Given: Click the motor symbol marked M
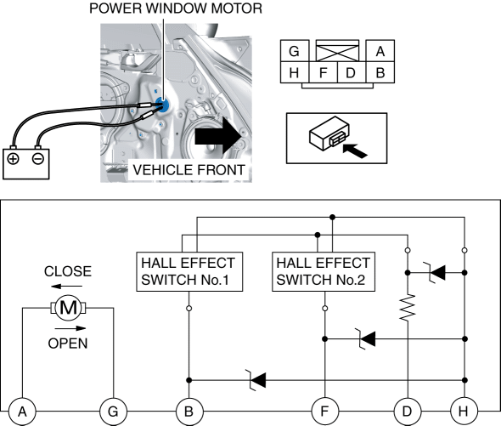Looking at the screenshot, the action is (69, 308).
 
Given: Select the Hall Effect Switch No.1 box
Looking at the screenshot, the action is (189, 272).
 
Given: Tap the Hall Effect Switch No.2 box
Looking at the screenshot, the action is (324, 272).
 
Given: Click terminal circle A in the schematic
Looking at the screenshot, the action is (22, 412).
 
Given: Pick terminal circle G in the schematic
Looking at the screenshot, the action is (113, 412).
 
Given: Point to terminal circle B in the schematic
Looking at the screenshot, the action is (189, 412).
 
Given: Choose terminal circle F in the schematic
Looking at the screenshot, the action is (324, 412).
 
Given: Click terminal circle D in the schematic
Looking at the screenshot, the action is (408, 412).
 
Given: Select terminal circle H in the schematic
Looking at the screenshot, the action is (464, 412).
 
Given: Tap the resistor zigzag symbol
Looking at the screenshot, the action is (408, 307).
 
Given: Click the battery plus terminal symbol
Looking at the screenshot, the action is (13, 159).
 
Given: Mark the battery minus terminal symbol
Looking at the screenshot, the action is (38, 159).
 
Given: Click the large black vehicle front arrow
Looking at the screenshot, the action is (218, 136).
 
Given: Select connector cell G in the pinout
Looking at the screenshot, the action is (295, 50).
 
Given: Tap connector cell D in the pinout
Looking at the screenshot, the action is (352, 72).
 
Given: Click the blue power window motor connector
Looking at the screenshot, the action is (162, 105).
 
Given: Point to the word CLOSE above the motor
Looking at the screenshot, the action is (68, 271).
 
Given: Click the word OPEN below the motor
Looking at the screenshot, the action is (68, 344).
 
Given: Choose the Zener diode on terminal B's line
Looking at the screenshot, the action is (258, 380).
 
